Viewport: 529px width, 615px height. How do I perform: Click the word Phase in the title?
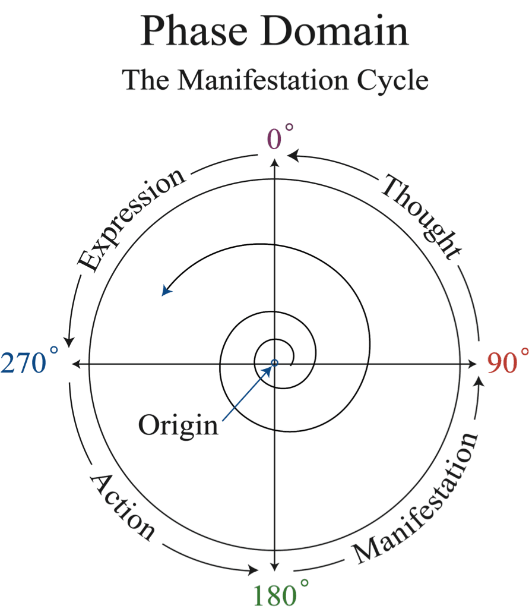click(x=195, y=31)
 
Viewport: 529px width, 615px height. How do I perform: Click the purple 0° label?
click(x=278, y=138)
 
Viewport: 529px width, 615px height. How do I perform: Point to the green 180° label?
click(x=278, y=595)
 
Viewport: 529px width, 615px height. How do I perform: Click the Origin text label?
click(x=178, y=425)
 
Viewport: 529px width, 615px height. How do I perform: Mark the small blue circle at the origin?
click(x=274, y=362)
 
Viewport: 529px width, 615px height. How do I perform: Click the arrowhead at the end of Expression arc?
click(x=69, y=342)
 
